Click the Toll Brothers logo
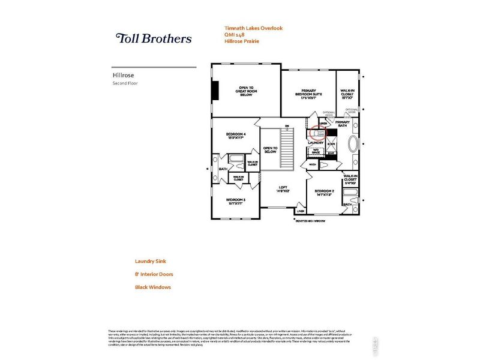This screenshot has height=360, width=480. tap(154, 38)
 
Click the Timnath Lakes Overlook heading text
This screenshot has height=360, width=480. tap(253, 28)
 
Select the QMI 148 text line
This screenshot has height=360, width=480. tap(235, 35)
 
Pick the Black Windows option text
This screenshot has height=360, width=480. tap(153, 287)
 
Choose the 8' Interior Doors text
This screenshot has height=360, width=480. tap(154, 274)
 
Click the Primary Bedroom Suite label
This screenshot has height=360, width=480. tap(308, 94)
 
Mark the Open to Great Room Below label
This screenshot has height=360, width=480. tap(246, 90)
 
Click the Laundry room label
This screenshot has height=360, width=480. tap(316, 142)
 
